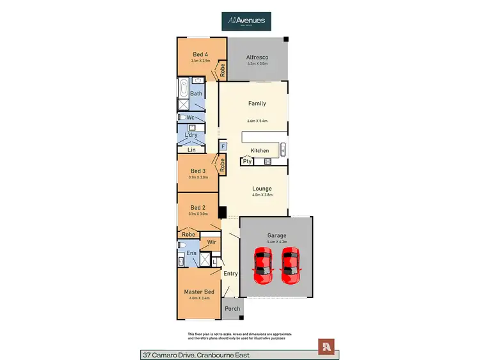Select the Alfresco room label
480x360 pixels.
tap(257, 56)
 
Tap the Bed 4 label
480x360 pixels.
tap(200, 54)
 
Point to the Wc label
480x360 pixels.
tap(191, 118)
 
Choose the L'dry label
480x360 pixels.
tap(191, 136)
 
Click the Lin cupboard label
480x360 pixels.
tap(191, 150)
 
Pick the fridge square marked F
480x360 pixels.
tap(223, 146)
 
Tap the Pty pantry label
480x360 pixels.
tap(247, 162)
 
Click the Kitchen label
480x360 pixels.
tap(260, 150)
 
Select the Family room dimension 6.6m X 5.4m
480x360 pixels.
tap(257, 121)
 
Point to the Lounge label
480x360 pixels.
tap(262, 189)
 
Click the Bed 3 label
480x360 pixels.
tap(198, 171)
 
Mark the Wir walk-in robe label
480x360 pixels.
tap(211, 243)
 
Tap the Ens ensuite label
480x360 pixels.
tap(191, 253)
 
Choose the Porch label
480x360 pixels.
tap(232, 309)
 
